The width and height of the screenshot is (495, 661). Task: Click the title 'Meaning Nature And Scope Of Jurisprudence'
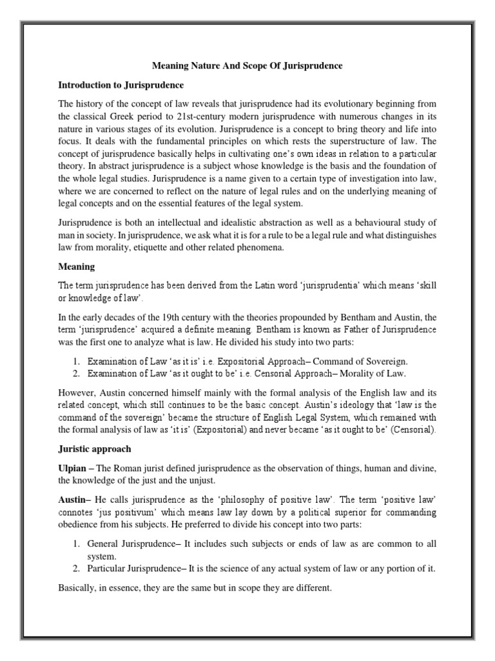tap(247, 66)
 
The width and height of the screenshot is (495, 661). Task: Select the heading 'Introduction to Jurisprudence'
tap(121, 85)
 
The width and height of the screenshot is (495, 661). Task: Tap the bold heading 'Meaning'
tap(77, 266)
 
